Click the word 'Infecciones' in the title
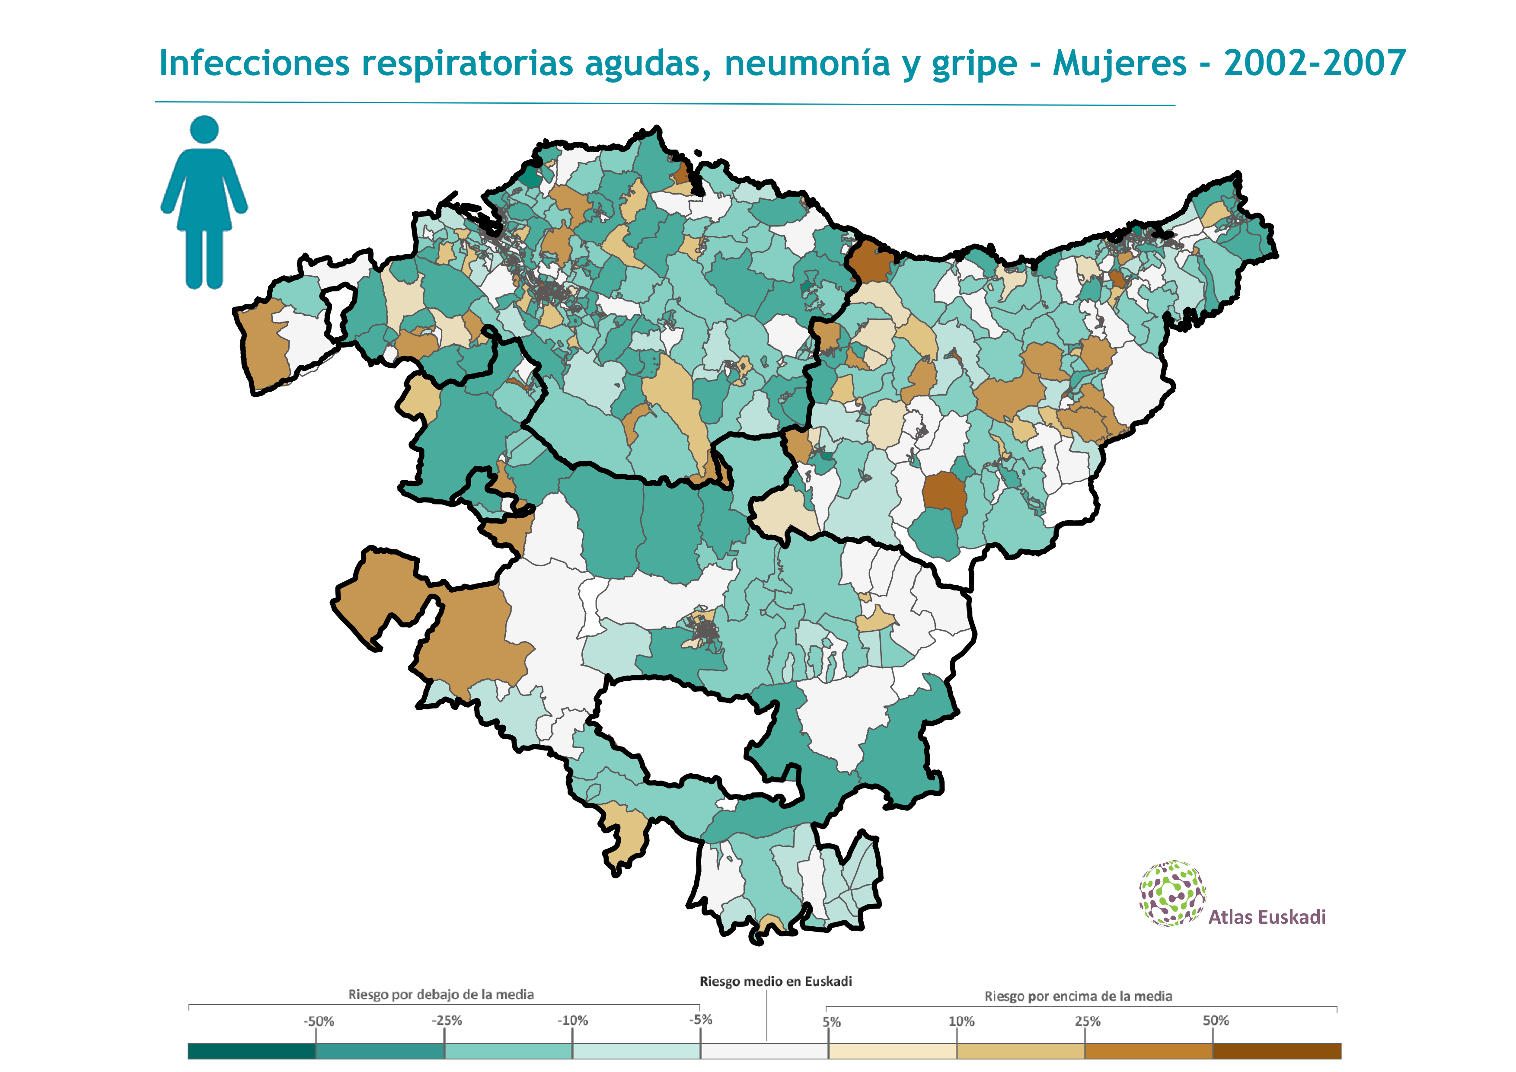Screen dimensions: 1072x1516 pyautogui.click(x=254, y=64)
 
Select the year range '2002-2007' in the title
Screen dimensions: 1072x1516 pyautogui.click(x=1315, y=64)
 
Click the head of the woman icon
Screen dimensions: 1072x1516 pyautogui.click(x=204, y=129)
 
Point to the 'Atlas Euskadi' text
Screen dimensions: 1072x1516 pyautogui.click(x=1267, y=917)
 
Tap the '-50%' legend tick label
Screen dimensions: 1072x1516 pyautogui.click(x=319, y=1021)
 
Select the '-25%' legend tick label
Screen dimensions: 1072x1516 pyautogui.click(x=447, y=1021)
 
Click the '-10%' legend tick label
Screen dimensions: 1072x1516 pyautogui.click(x=572, y=1021)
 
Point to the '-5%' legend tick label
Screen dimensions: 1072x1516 pyautogui.click(x=701, y=1020)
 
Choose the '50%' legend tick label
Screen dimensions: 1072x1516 pyautogui.click(x=1216, y=1021)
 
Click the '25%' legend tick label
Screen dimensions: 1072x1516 pyautogui.click(x=1088, y=1021)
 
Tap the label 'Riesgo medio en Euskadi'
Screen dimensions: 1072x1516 pyautogui.click(x=775, y=982)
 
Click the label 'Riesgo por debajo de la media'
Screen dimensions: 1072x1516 pyautogui.click(x=440, y=994)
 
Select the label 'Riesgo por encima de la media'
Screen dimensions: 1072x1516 pyautogui.click(x=1078, y=995)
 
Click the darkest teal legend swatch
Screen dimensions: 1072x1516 pyautogui.click(x=252, y=1051)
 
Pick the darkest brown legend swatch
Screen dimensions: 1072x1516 pyautogui.click(x=1277, y=1051)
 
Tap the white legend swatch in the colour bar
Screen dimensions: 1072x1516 pyautogui.click(x=765, y=1051)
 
